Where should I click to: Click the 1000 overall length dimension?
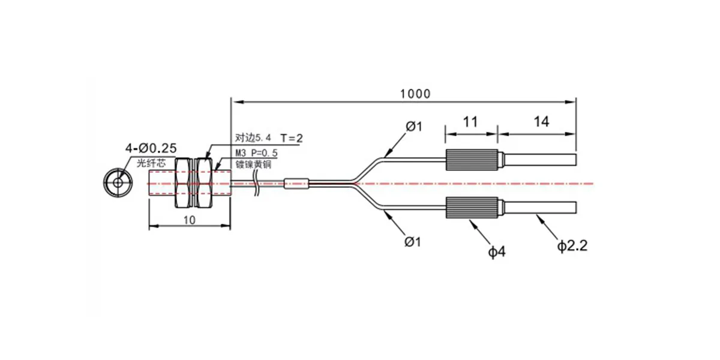click(415, 94)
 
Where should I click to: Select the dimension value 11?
click(470, 122)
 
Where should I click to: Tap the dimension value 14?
click(542, 122)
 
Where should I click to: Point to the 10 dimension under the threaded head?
click(190, 220)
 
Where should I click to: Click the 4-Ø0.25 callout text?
click(151, 148)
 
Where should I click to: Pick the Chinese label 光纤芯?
click(151, 163)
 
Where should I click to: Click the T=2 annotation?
click(292, 138)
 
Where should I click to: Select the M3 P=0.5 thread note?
click(257, 153)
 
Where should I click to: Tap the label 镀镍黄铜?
click(253, 164)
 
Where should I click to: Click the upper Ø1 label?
click(413, 127)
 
